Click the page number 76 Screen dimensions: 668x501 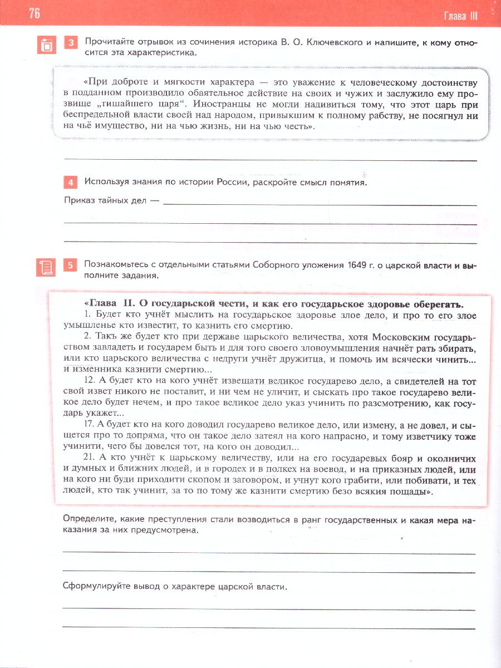point(34,14)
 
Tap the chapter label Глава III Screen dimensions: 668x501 point(461,16)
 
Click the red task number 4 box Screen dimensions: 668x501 point(71,183)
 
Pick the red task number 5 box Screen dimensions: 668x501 point(71,266)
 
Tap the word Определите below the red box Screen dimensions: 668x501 point(89,520)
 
